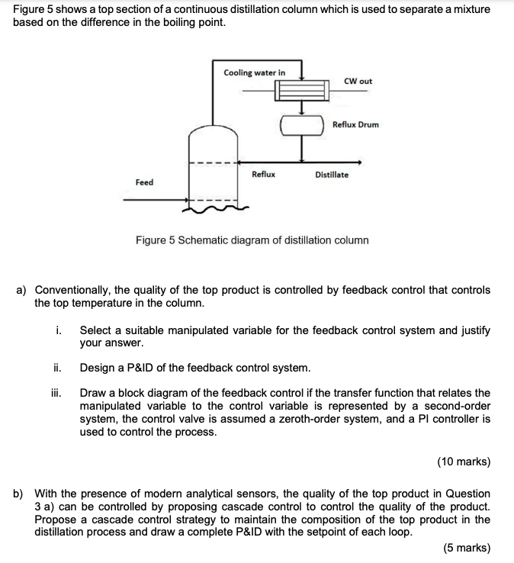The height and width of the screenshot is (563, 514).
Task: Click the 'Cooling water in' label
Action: tap(255, 72)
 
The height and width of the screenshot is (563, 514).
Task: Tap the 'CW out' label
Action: tap(358, 81)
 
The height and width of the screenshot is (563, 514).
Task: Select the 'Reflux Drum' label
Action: tap(355, 124)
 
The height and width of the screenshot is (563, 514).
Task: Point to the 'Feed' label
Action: tap(144, 182)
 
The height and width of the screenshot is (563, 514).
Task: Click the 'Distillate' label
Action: tap(332, 175)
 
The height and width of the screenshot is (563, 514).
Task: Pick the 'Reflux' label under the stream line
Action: tap(263, 175)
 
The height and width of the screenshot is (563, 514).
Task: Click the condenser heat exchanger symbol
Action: tap(301, 91)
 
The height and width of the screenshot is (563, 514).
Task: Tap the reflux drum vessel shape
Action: tap(302, 124)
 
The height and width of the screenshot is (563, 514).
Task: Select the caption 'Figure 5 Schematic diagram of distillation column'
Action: tap(252, 240)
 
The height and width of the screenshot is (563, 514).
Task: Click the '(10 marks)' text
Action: tap(464, 462)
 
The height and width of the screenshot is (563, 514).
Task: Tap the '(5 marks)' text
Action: tap(467, 548)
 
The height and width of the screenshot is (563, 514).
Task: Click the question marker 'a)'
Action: tap(21, 291)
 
